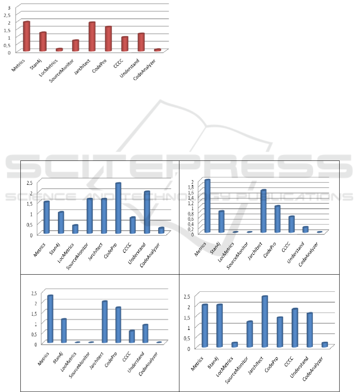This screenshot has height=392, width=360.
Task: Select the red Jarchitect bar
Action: pyautogui.click(x=92, y=37)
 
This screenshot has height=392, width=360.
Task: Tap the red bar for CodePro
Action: pyautogui.click(x=108, y=39)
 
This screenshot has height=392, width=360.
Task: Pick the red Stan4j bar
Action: pyautogui.click(x=43, y=42)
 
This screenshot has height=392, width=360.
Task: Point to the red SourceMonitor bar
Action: pyautogui.click(x=76, y=46)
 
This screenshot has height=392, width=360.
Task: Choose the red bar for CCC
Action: pyautogui.click(x=125, y=44)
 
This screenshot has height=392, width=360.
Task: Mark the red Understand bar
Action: pyautogui.click(x=141, y=42)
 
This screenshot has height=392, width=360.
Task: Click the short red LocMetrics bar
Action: pyautogui.click(x=59, y=50)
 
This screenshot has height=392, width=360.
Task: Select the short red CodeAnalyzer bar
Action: pyautogui.click(x=157, y=50)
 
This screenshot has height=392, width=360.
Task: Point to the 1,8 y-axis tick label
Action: pyautogui.click(x=191, y=187)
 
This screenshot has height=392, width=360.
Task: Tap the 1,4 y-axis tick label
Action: pyautogui.click(x=191, y=198)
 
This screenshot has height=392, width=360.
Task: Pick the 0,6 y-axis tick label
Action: pyautogui.click(x=191, y=218)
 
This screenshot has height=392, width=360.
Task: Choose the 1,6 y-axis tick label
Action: pyautogui.click(x=191, y=192)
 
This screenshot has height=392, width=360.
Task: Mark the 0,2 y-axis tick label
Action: pyautogui.click(x=191, y=229)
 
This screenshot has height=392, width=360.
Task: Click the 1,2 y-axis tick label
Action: pyautogui.click(x=191, y=203)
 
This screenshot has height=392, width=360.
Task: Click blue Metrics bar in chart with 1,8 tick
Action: pyautogui.click(x=207, y=206)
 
